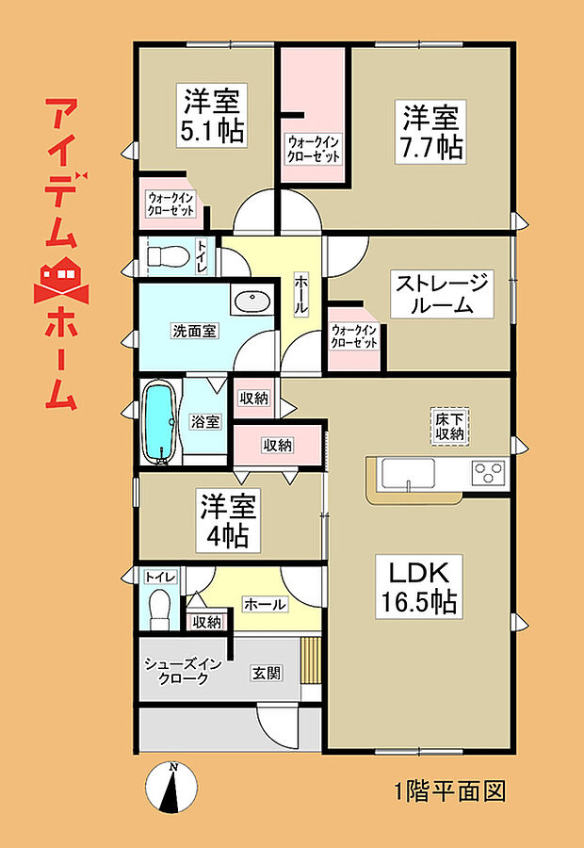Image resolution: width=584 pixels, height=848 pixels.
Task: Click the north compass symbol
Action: pos(174,787)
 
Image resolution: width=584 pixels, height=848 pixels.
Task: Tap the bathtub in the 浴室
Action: pos(159,422)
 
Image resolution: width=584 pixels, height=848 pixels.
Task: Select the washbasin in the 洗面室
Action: pos(251,302)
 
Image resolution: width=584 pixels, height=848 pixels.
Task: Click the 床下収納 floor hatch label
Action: pos(448,426)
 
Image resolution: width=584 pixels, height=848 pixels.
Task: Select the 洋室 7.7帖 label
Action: pos(432,133)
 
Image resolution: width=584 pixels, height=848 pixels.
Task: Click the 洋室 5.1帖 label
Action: pos(212,114)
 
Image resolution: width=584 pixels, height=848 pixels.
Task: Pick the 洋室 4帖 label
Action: pos(226,520)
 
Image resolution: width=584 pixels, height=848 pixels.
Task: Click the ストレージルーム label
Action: pos(442,294)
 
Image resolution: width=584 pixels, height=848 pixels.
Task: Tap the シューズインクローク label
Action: pos(183,671)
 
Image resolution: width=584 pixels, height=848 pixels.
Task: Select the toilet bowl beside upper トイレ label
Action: pos(169,254)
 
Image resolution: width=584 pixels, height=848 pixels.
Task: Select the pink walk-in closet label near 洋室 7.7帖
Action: pos(314,150)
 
